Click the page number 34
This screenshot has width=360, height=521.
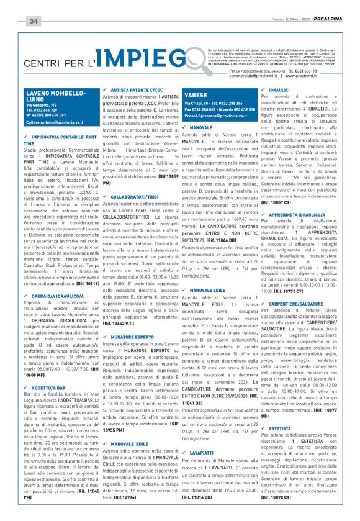pyautogui.click(x=34, y=22)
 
